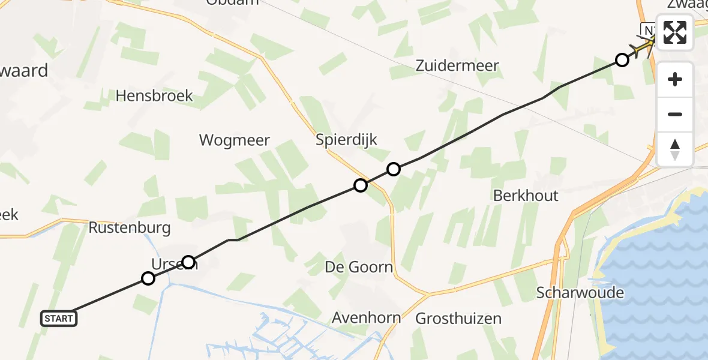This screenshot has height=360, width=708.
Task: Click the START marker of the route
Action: (59, 319)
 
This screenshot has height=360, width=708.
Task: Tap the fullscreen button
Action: (675, 32)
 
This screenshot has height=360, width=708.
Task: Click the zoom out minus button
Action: (675, 114)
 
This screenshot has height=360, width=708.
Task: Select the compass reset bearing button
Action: (675, 149)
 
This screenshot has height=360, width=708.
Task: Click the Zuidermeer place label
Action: (457, 65)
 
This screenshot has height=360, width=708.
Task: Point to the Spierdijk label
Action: (347, 140)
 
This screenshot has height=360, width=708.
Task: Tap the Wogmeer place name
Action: (235, 140)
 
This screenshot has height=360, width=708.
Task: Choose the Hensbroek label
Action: (155, 95)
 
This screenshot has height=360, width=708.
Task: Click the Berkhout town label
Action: (526, 196)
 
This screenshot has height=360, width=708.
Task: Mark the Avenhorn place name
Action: (362, 318)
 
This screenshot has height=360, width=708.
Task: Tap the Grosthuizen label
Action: (458, 318)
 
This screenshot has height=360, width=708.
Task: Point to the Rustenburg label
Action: (130, 228)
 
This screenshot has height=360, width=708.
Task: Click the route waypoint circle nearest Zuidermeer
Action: (622, 59)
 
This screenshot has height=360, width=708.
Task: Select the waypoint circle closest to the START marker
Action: (148, 278)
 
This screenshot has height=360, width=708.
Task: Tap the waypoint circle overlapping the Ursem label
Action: (188, 262)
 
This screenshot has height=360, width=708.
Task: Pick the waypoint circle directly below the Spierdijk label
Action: (360, 185)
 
